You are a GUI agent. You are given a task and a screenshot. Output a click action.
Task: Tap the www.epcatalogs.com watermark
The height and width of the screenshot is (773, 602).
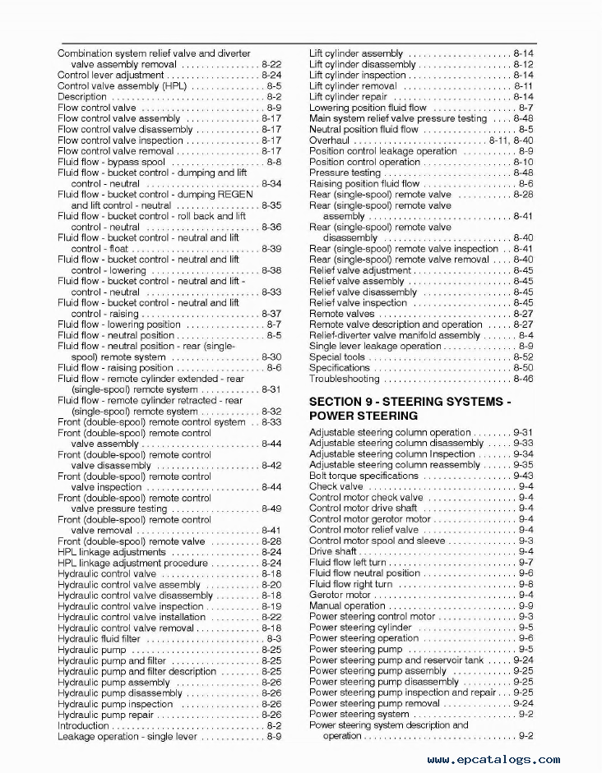click(x=493, y=760)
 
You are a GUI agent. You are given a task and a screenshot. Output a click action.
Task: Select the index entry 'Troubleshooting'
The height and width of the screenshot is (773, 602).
click(x=344, y=379)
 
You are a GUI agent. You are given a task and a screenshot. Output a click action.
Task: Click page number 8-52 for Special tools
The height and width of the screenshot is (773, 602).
click(x=522, y=357)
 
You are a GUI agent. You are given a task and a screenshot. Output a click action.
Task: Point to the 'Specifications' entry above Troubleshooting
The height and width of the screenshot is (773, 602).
click(x=339, y=368)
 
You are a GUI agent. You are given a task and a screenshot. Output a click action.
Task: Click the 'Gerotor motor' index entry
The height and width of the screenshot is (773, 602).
click(x=340, y=595)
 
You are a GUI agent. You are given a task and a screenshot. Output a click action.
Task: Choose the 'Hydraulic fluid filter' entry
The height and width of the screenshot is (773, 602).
click(x=99, y=638)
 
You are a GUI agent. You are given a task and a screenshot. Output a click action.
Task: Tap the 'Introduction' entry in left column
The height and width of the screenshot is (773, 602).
click(x=82, y=725)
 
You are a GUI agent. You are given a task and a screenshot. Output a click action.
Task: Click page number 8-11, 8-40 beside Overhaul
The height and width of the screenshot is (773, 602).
click(x=511, y=140)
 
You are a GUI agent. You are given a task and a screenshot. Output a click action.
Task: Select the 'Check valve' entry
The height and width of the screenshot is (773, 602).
click(x=336, y=486)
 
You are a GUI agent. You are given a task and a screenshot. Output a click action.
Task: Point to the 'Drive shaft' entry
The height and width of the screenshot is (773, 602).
click(x=332, y=551)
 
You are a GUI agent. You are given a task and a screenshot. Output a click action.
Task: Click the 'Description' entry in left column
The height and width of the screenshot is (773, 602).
click(x=82, y=97)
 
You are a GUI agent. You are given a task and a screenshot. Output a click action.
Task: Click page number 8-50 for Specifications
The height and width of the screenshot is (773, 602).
click(x=522, y=368)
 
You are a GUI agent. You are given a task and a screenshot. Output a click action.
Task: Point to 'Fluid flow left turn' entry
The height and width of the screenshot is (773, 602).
click(x=349, y=563)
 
